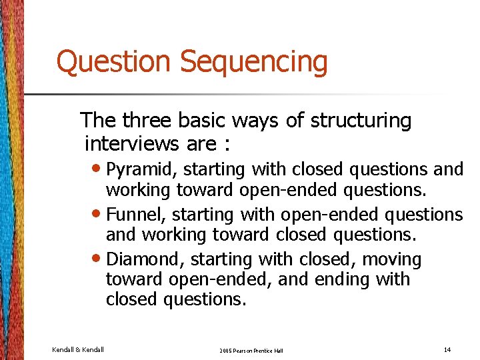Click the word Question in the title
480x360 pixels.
[x=113, y=62]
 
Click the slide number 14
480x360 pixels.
[x=446, y=349]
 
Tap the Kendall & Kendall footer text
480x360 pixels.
[x=77, y=349]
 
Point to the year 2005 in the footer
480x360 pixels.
[x=225, y=351]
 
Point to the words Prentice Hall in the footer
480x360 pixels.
[x=269, y=351]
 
